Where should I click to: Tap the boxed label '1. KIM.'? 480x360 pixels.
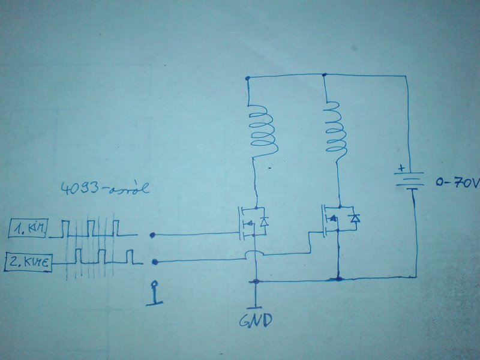click(x=28, y=229)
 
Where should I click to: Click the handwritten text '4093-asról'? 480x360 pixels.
click(x=105, y=190)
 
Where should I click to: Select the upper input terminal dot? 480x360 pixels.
click(x=154, y=235)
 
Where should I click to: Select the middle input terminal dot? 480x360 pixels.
click(x=155, y=262)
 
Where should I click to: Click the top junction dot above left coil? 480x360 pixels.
click(x=247, y=78)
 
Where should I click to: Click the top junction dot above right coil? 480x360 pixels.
click(x=324, y=75)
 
